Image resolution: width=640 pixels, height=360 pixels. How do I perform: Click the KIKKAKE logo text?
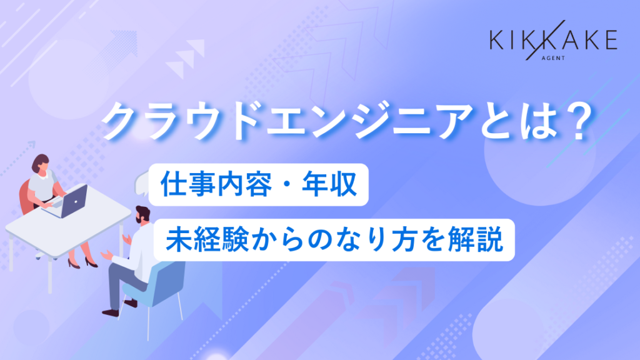(553, 41)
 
